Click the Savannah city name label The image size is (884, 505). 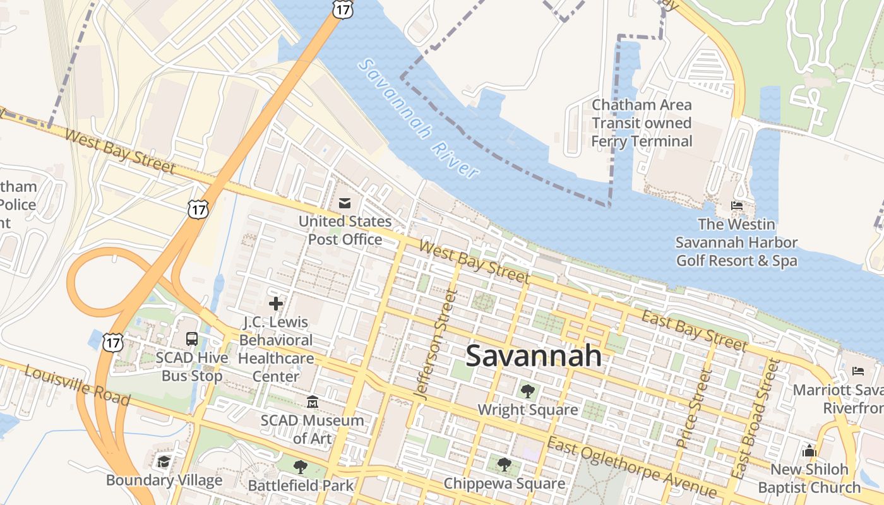534,356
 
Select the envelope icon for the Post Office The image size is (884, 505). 345,203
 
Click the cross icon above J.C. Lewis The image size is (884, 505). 276,304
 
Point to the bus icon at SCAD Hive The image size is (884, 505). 192,339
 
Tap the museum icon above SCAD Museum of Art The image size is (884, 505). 312,402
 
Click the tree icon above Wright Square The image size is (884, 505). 527,391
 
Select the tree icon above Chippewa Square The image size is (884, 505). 504,465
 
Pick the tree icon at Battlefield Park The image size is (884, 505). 300,467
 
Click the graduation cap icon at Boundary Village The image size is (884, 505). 164,461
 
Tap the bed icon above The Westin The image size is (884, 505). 736,206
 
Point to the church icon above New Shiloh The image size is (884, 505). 809,451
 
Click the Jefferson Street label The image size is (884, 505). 435,344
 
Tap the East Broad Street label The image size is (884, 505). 755,418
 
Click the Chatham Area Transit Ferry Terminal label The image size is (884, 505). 642,123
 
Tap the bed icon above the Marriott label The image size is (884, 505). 857,371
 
